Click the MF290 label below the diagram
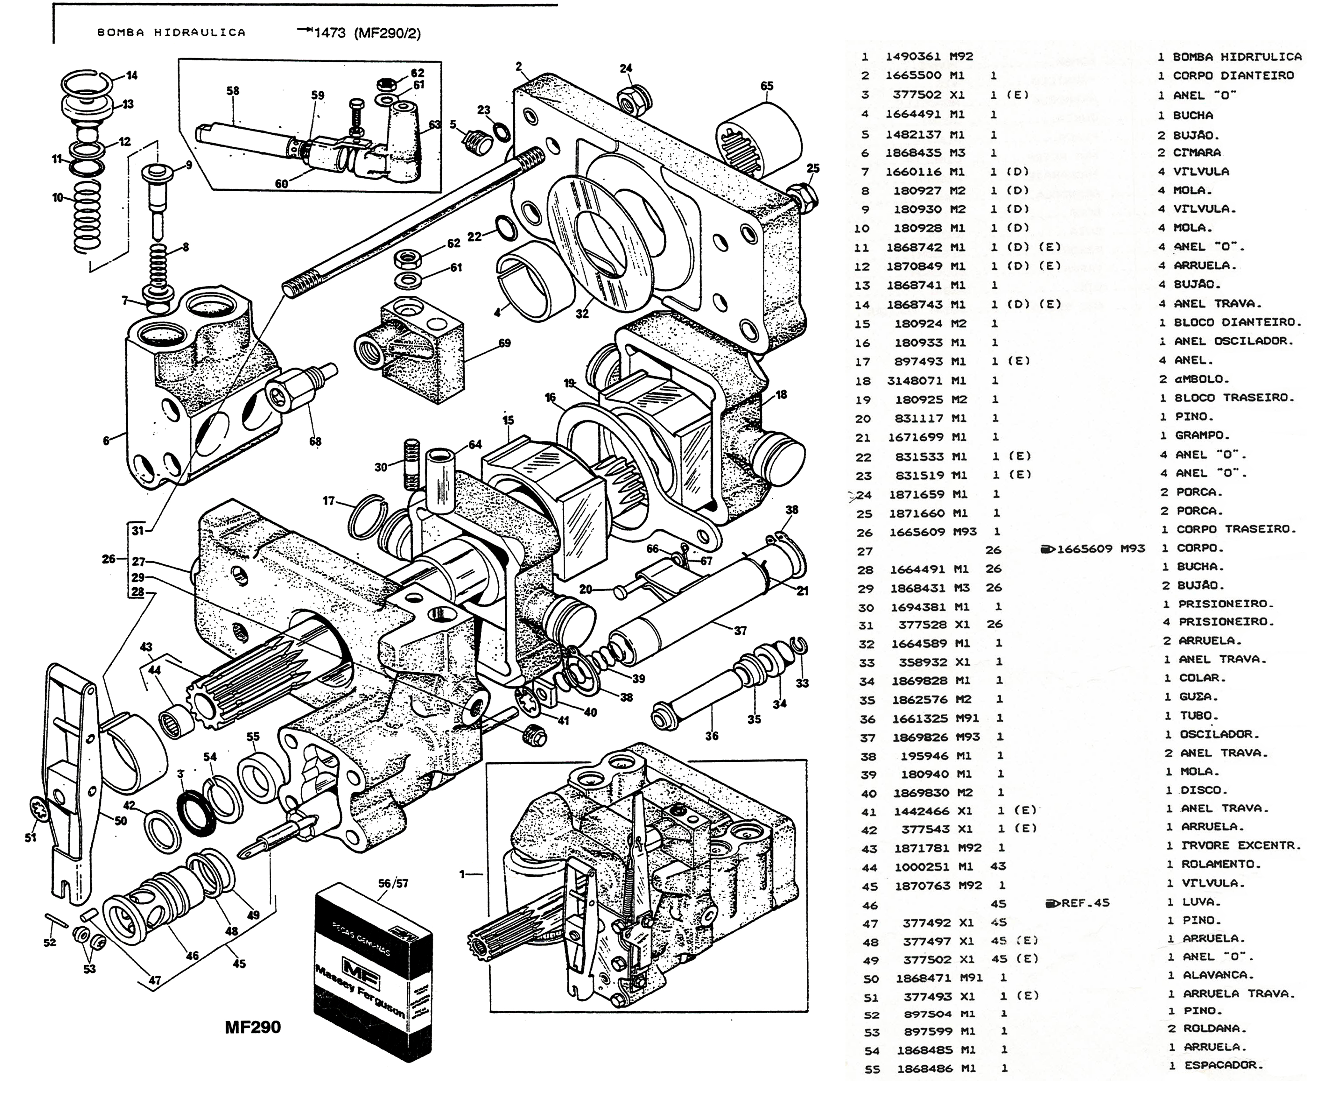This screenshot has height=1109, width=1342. point(253,1027)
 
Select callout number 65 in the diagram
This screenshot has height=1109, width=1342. point(767,86)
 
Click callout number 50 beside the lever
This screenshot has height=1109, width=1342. point(121,821)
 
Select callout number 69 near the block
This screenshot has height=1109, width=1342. point(505,343)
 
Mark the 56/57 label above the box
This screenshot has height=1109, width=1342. point(393,883)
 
